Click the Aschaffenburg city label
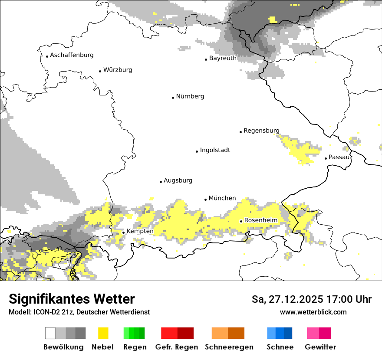coord(72,55)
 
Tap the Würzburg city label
coord(118,70)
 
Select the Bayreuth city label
coord(223,58)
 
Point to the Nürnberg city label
coord(190,96)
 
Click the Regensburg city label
coord(261,131)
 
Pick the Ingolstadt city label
coord(215,150)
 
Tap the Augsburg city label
coord(178,180)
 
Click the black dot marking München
coord(206,200)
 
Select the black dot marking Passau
coord(326,158)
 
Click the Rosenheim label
coord(260,220)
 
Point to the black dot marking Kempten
coord(124,232)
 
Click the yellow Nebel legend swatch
coord(103,333)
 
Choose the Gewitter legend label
coord(320,347)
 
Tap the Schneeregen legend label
coord(229,347)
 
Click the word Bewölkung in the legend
coord(63,347)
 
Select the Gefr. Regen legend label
coord(176,347)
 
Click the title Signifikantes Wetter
coord(72,299)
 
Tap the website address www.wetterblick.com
coord(313,312)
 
